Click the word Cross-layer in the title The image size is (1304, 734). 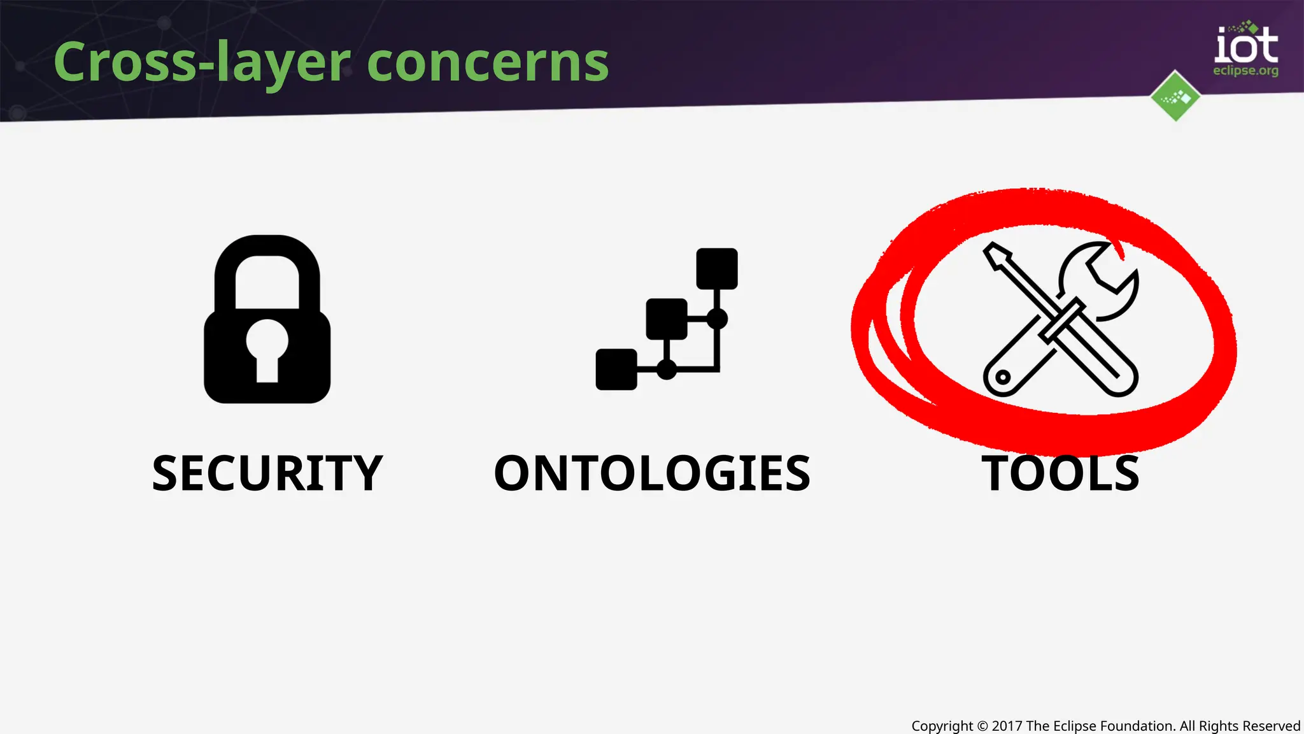click(x=202, y=62)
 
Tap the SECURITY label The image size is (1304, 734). click(x=267, y=473)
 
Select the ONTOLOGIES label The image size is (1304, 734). click(x=652, y=473)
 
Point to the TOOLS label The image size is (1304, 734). click(x=1060, y=473)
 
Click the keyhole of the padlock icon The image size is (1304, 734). click(x=267, y=347)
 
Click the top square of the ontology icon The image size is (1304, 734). click(x=717, y=269)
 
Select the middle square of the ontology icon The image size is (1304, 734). click(x=667, y=319)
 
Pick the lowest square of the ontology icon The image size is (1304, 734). click(x=616, y=369)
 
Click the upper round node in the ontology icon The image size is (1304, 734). click(x=717, y=319)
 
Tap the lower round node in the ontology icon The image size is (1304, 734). click(x=667, y=369)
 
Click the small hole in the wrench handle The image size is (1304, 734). click(x=1003, y=377)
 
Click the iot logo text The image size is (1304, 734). click(x=1246, y=46)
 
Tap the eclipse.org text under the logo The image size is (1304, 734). click(x=1245, y=71)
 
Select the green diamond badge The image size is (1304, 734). click(x=1175, y=96)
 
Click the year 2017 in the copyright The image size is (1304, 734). click(x=1007, y=726)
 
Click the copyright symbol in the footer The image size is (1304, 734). click(x=982, y=726)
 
